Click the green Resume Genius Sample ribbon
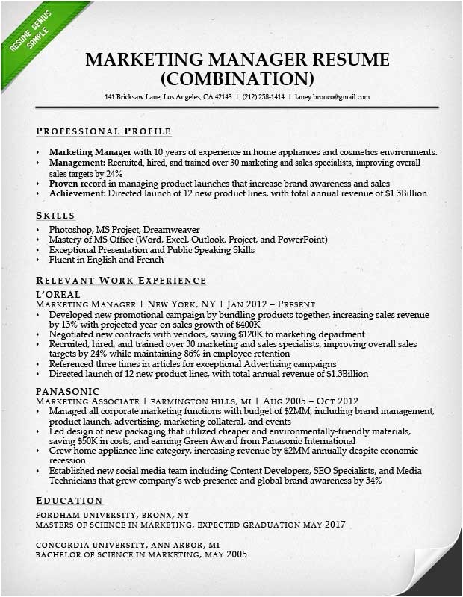pyautogui.click(x=34, y=34)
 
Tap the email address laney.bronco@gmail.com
pyautogui.click(x=332, y=97)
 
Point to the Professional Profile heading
pyautogui.click(x=104, y=131)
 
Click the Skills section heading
pyautogui.click(x=55, y=216)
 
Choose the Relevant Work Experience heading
pyautogui.click(x=121, y=280)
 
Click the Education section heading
pyautogui.click(x=69, y=500)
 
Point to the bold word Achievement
pyautogui.click(x=78, y=193)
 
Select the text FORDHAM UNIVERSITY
pyautogui.click(x=83, y=515)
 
